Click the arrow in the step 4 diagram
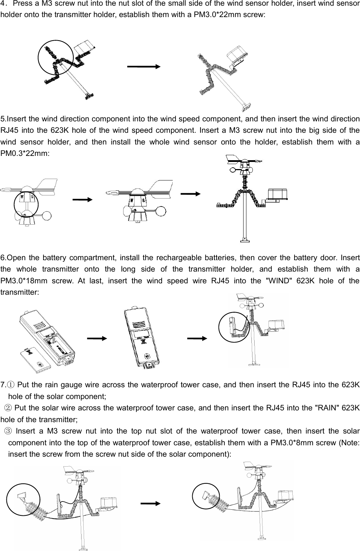(x=144, y=67)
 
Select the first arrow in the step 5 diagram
(x=82, y=200)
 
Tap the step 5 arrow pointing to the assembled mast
(x=191, y=194)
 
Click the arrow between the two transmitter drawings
(x=97, y=339)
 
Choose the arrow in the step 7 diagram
(x=151, y=503)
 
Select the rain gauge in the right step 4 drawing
(x=239, y=54)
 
